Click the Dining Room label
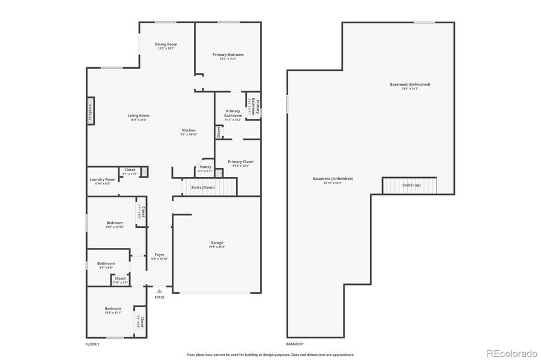pos(166,44)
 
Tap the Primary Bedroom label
pos(228,55)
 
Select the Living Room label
pos(139,115)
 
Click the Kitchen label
pos(189,130)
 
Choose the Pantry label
pos(205,167)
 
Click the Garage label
pos(217,242)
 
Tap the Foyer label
pos(159,255)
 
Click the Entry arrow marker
pos(159,290)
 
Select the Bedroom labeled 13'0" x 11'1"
pos(113,308)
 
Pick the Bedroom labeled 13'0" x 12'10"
pos(114,223)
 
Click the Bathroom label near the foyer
pos(106,263)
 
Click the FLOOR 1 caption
pos(92,344)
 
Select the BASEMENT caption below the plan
pos(295,344)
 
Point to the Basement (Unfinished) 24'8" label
pos(410,85)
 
